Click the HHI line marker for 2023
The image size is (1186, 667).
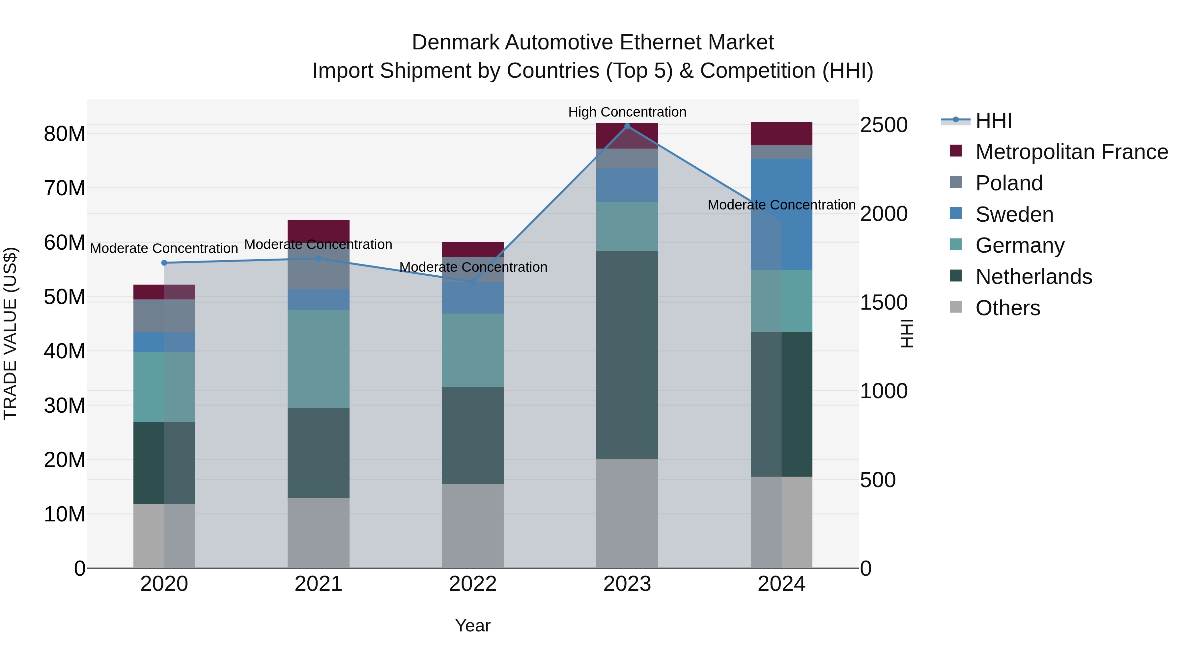(627, 126)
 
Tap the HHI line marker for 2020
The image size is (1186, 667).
(164, 263)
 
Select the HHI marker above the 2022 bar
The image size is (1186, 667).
(473, 282)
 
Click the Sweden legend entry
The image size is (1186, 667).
(1014, 214)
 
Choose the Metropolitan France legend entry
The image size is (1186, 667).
(1071, 152)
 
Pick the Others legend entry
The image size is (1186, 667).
(1007, 308)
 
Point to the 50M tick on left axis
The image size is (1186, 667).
(65, 297)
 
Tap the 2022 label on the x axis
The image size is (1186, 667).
(473, 584)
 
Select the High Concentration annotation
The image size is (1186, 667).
(627, 112)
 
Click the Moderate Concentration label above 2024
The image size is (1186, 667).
(781, 205)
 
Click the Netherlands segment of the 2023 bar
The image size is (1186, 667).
(627, 354)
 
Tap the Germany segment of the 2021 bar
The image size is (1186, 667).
(319, 359)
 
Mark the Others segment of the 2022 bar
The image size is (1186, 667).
(473, 526)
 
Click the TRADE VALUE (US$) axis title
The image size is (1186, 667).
(10, 333)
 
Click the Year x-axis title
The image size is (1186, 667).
(473, 625)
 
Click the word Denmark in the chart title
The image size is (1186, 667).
(455, 42)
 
